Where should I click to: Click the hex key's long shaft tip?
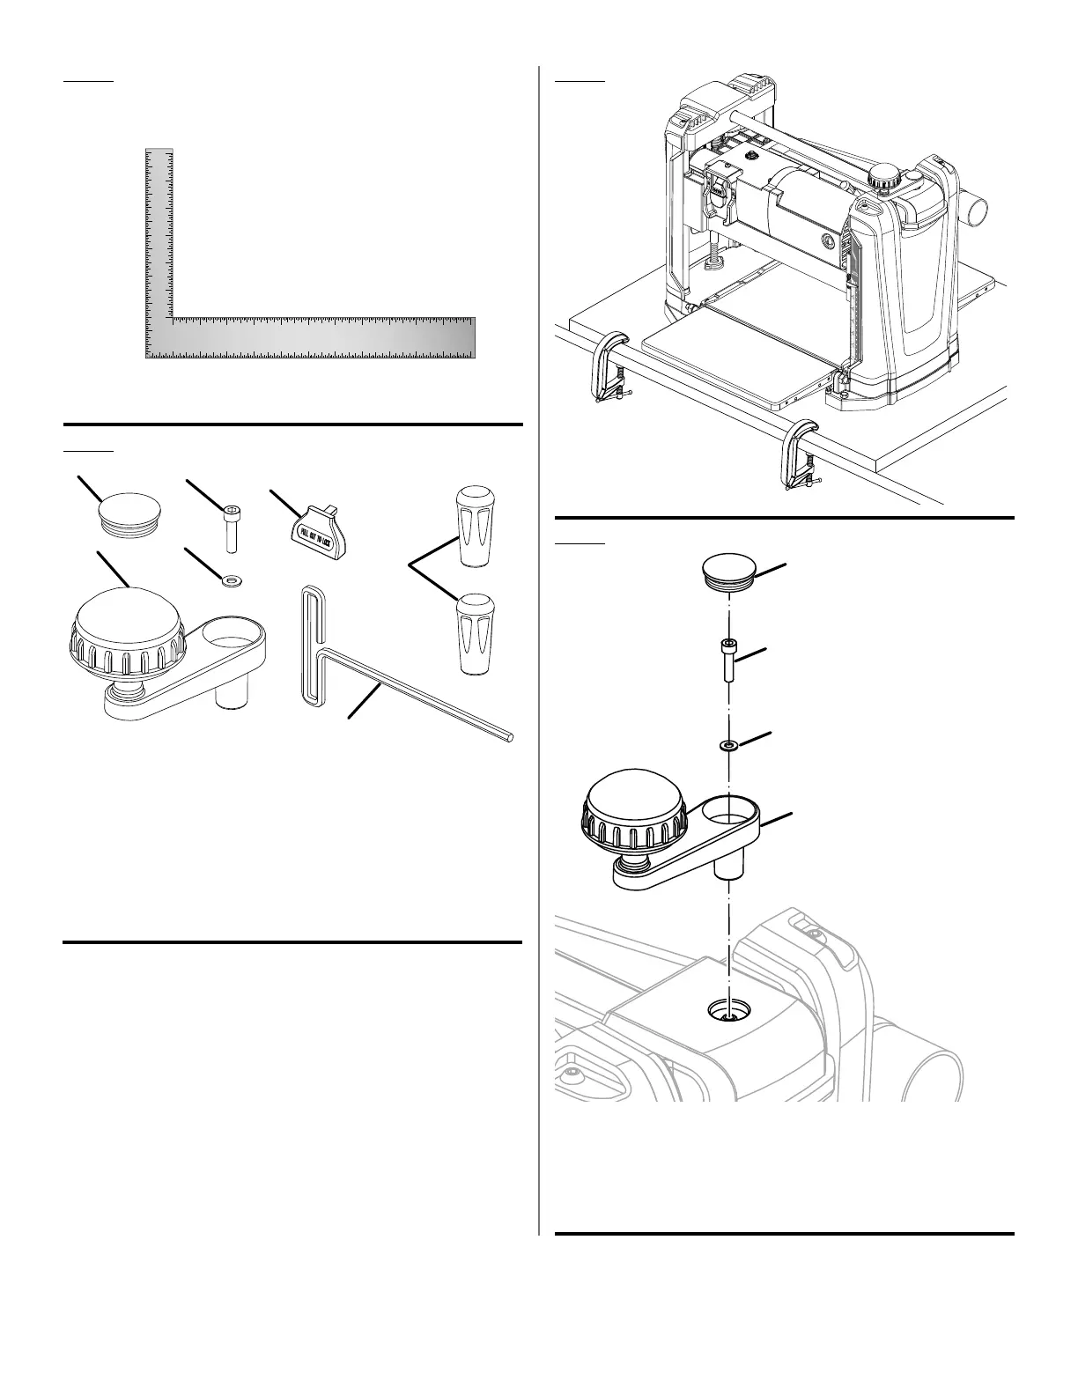pyautogui.click(x=508, y=739)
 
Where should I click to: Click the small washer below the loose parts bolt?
pyautogui.click(x=232, y=580)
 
